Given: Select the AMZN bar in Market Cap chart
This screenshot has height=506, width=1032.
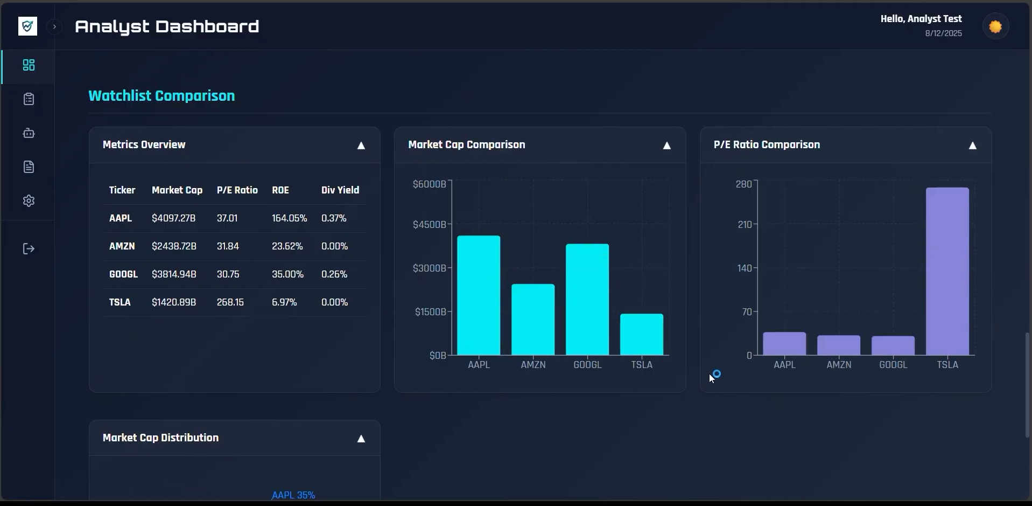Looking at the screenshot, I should pyautogui.click(x=533, y=319).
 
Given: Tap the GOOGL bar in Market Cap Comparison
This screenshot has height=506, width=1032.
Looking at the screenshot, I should pyautogui.click(x=587, y=299).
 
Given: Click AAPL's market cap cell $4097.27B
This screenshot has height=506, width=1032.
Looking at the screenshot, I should pyautogui.click(x=173, y=218).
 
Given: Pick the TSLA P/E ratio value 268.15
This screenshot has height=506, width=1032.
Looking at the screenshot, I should pyautogui.click(x=230, y=302).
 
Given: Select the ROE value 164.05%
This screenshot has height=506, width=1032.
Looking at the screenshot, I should pyautogui.click(x=289, y=218).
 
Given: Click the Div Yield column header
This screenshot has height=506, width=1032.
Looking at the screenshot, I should pyautogui.click(x=340, y=190).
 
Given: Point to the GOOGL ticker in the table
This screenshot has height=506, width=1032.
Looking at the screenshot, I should pyautogui.click(x=123, y=274).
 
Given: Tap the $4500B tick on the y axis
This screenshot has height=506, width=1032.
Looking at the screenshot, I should pyautogui.click(x=429, y=224).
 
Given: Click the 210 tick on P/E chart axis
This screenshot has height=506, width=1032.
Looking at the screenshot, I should pyautogui.click(x=744, y=224).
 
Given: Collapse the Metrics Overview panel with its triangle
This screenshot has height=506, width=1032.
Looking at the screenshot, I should pyautogui.click(x=361, y=145).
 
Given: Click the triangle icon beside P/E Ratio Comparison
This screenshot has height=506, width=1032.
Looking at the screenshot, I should pyautogui.click(x=972, y=145).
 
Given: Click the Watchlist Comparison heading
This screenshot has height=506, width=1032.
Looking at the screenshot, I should pyautogui.click(x=162, y=96).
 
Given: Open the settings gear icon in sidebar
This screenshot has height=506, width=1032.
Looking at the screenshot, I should pyautogui.click(x=29, y=201).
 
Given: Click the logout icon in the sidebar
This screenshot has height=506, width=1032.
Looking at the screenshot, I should pyautogui.click(x=29, y=248).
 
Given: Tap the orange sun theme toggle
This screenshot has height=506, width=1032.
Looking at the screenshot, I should pyautogui.click(x=995, y=26).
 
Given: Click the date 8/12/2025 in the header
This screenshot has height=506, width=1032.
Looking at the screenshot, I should pyautogui.click(x=943, y=33).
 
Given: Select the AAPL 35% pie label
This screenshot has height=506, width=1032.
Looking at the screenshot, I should pyautogui.click(x=293, y=495).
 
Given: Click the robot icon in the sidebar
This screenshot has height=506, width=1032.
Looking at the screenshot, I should pyautogui.click(x=29, y=133).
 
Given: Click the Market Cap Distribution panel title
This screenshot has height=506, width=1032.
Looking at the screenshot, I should pyautogui.click(x=160, y=438).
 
